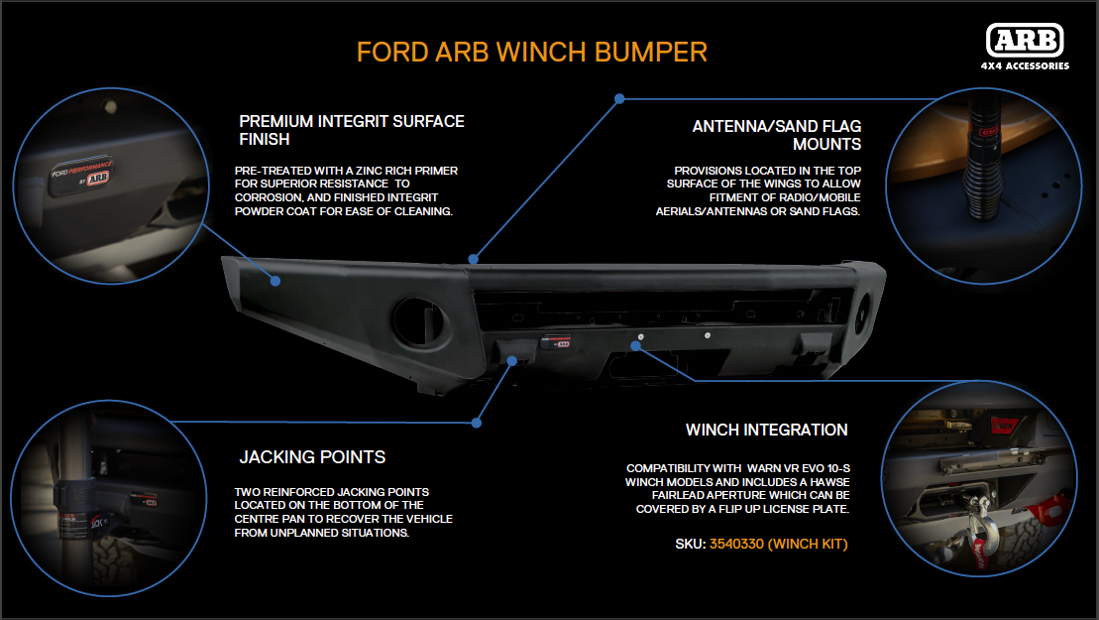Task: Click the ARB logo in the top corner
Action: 1025,41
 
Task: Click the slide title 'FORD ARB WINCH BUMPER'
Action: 531,52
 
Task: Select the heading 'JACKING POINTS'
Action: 312,457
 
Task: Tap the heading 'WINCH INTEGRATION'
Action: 766,430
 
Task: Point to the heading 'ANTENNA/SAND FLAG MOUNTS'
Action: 776,136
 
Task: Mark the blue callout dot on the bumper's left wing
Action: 276,281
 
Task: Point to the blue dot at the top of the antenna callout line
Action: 619,99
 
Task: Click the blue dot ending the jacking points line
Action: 477,422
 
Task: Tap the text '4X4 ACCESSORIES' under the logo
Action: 1025,66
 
